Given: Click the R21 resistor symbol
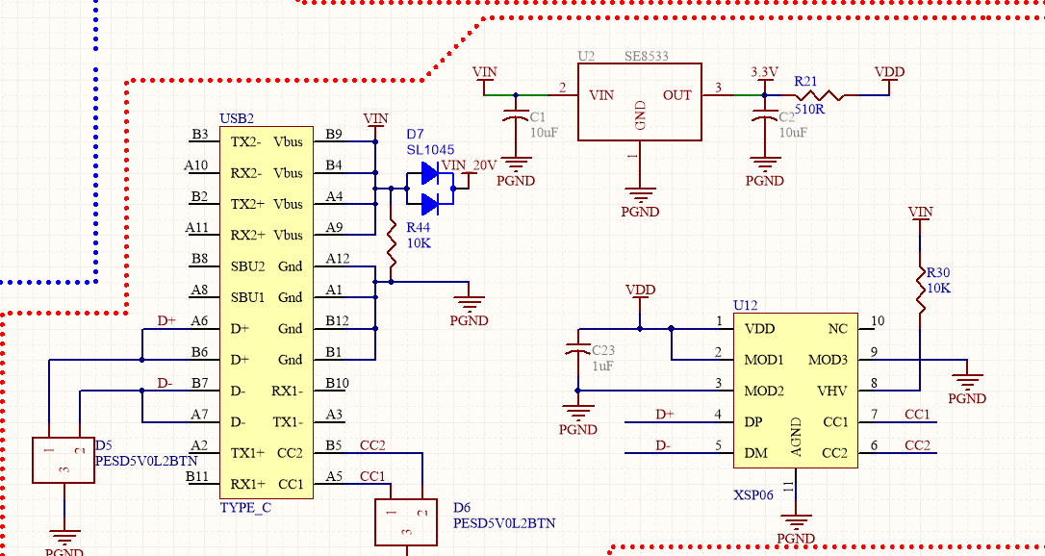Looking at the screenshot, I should coord(818,95).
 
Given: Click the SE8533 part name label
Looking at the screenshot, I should coord(646,57).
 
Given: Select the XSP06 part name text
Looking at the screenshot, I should coord(753,494).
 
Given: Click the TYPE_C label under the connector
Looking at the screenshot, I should coord(245,507).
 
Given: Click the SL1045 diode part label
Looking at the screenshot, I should coord(430,150).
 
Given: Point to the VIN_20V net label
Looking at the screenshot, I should coord(469,165).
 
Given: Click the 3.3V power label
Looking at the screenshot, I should coord(764,72).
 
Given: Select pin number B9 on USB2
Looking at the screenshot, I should coord(334,135).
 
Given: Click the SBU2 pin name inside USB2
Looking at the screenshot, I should coord(247,266).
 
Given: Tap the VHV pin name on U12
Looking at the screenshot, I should coord(832,392).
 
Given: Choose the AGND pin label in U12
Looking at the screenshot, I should coord(796,438).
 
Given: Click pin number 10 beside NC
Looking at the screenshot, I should coord(877,321).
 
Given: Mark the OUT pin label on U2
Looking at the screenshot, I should coord(677,95).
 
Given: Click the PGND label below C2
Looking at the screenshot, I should coord(765,180).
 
